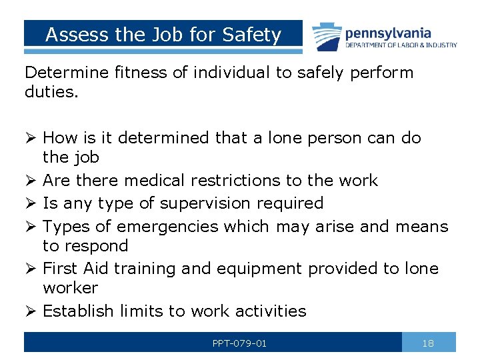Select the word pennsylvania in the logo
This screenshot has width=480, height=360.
point(387,33)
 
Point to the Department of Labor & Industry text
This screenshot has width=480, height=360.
point(401,45)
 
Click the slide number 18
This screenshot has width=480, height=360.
point(428,343)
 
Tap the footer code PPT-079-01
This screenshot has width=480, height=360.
point(239,343)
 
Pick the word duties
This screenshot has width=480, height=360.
point(51,92)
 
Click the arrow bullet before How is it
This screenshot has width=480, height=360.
point(30,139)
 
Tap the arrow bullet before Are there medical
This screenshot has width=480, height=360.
point(30,181)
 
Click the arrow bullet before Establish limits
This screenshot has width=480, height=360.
point(30,311)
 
